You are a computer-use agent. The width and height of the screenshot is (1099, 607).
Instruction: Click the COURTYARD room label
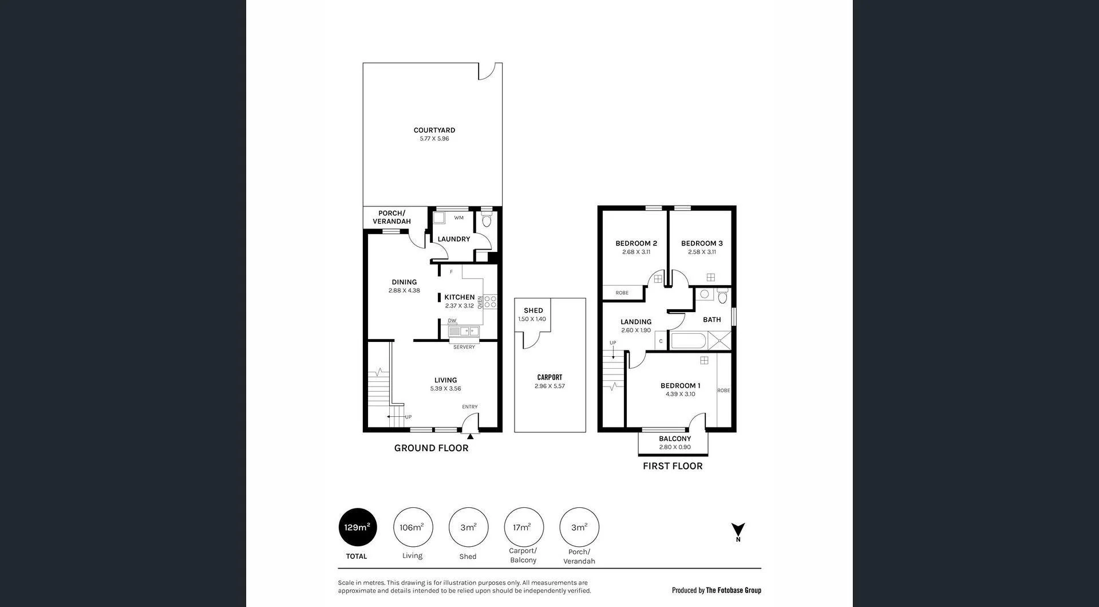click(434, 131)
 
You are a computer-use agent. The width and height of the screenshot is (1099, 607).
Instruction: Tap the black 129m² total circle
click(357, 527)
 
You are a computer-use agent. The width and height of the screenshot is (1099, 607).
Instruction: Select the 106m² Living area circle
click(412, 527)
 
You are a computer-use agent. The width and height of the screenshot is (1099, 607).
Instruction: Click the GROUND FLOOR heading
click(431, 448)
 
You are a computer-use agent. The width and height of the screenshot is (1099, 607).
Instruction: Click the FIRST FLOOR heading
click(673, 466)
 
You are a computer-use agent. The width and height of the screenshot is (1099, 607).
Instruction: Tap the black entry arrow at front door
click(470, 436)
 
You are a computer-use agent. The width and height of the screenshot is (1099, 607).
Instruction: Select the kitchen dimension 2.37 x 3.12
click(459, 306)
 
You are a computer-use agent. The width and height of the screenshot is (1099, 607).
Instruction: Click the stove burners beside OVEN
click(490, 302)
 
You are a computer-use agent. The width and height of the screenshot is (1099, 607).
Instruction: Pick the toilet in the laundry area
click(487, 220)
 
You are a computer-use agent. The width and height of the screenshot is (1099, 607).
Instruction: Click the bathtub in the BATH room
click(689, 341)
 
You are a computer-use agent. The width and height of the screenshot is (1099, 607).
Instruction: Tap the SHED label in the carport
click(533, 310)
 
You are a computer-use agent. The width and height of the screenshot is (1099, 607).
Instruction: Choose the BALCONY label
click(675, 439)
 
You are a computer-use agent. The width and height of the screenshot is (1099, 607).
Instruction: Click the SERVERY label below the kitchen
click(464, 347)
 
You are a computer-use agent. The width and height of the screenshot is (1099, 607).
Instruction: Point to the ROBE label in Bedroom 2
click(622, 293)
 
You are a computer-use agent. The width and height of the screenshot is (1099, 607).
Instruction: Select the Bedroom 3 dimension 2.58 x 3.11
click(702, 252)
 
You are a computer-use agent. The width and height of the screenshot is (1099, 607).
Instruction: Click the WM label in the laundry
click(458, 218)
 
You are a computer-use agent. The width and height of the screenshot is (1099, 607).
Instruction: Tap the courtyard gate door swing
click(487, 71)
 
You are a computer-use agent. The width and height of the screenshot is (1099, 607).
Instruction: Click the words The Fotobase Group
click(733, 590)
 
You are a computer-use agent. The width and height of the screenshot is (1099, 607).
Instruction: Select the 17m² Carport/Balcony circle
click(523, 527)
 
